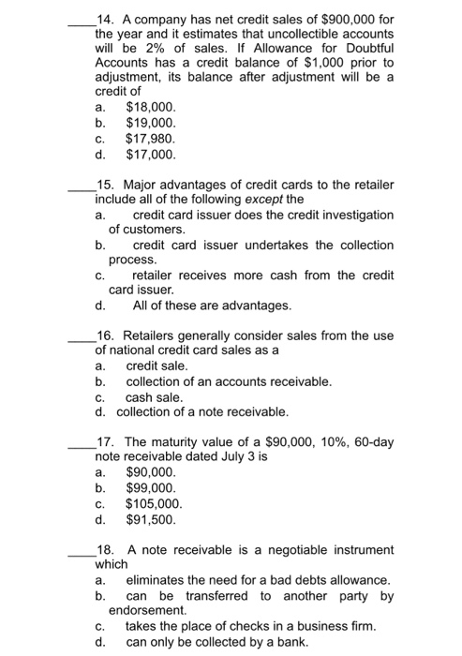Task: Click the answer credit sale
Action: point(157,365)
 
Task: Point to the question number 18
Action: point(104,549)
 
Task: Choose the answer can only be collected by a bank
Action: point(221,642)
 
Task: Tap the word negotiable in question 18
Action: point(274,549)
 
